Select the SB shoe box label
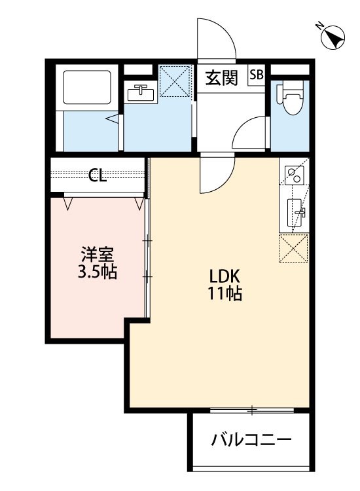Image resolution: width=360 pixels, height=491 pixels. coord(256,75)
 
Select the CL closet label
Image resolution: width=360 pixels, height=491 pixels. coord(98,175)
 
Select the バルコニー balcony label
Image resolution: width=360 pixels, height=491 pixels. coord(251,441)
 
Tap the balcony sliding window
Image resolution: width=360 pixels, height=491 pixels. coord(252,410)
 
